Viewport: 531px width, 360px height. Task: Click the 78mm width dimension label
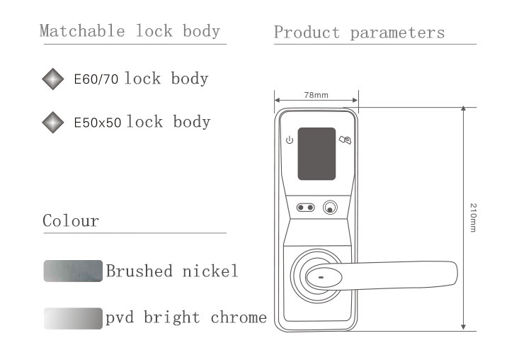point(316,95)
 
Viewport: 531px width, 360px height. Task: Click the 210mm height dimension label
point(473,218)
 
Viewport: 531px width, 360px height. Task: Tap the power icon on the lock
point(290,140)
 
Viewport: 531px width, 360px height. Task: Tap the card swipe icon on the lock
point(345,140)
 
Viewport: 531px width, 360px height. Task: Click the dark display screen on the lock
point(316,154)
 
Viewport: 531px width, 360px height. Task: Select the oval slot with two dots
point(305,208)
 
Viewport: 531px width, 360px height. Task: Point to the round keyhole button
point(330,208)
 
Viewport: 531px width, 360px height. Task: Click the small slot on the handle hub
point(321,278)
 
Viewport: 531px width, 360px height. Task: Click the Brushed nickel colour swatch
point(73,271)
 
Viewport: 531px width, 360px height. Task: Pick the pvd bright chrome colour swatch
point(73,318)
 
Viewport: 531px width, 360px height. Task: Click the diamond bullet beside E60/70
point(53,79)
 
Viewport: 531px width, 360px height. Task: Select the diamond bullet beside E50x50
point(53,123)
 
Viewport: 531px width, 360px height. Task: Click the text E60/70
point(96,79)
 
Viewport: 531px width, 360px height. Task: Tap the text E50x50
point(98,123)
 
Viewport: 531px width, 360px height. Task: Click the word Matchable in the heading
point(82,31)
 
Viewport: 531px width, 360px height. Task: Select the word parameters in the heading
point(397,33)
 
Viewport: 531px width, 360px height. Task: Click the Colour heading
point(71,220)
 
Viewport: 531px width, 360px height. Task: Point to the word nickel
point(210,271)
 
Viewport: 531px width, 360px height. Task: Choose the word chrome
point(239,317)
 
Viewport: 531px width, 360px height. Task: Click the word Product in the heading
point(307,32)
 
